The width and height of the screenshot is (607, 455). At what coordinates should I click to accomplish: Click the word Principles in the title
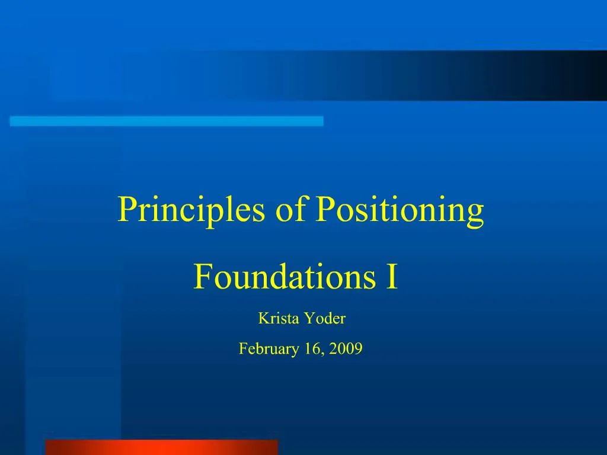coord(192,210)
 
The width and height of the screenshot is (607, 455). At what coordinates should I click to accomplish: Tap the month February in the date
coord(268,350)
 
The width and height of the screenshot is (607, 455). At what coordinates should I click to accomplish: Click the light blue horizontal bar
coord(167,121)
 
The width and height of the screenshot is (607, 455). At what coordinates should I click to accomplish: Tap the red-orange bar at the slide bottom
coord(161,447)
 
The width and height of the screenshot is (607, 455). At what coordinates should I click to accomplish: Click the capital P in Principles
coord(125,210)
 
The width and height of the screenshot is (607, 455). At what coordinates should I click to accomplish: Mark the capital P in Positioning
coord(324,210)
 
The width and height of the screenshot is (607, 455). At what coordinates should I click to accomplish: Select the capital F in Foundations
coord(201,277)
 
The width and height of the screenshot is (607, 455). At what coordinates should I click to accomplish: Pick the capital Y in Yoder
coord(309,319)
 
